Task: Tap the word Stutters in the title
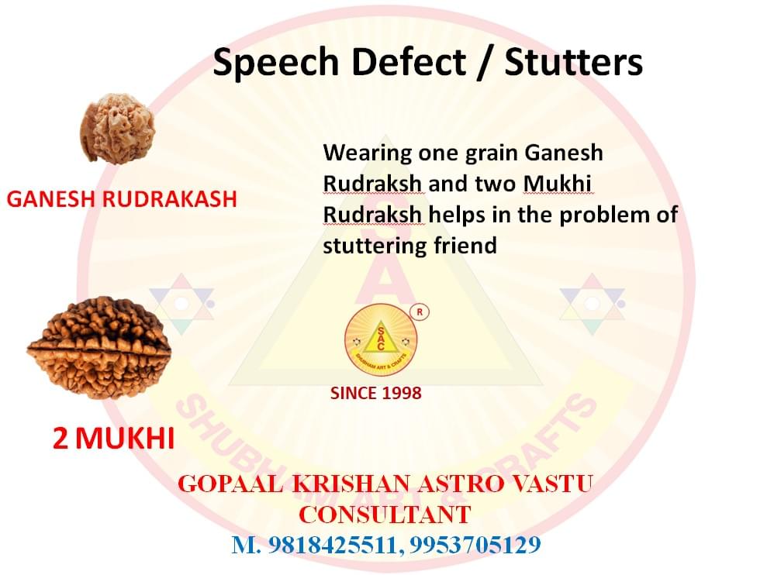pos(573,61)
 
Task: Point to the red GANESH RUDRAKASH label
pos(122,199)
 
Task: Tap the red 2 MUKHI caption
pos(113,439)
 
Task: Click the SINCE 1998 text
pos(375,393)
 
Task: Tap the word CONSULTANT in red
pos(385,514)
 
